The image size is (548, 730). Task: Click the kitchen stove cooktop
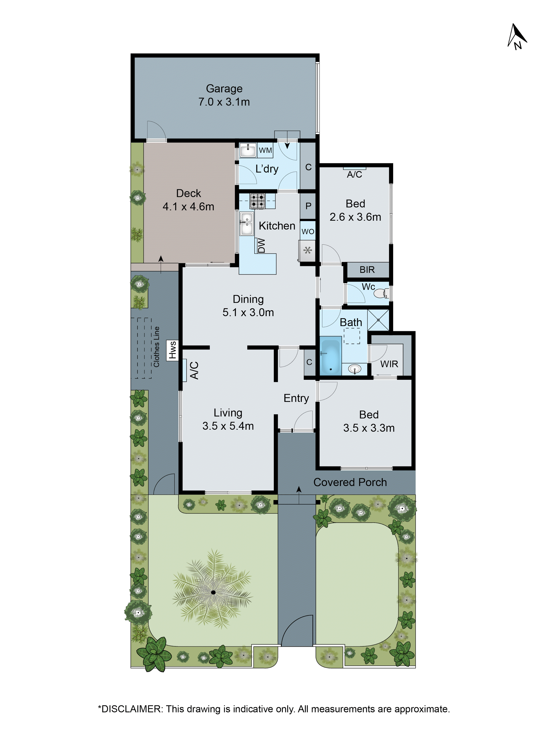257,201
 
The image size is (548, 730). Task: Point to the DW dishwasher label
261,245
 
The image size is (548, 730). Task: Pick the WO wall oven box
308,231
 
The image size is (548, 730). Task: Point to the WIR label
389,364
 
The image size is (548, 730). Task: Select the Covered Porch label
350,482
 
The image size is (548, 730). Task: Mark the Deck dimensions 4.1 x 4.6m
188,207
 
